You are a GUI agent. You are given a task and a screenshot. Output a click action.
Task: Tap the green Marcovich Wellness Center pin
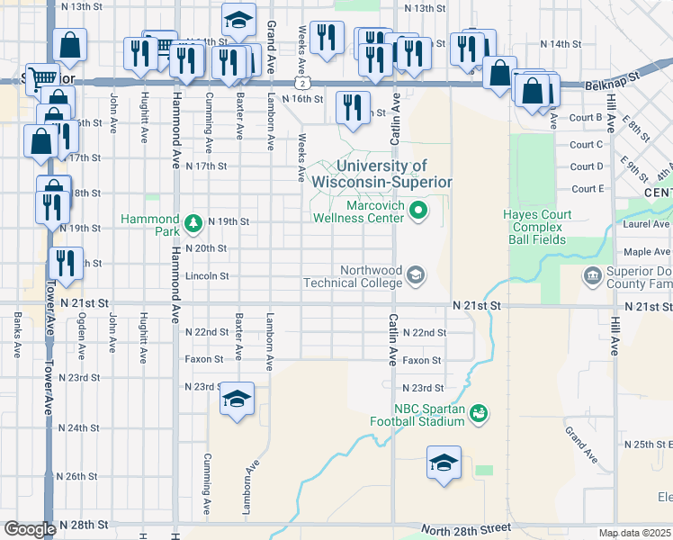pos(417,212)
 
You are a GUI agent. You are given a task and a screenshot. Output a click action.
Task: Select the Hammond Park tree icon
pos(192,222)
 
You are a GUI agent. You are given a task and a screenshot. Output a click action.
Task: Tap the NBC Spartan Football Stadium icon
pos(480,412)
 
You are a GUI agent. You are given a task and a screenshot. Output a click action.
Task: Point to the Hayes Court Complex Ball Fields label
pos(545,228)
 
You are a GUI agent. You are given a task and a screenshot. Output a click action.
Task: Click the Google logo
pos(29,529)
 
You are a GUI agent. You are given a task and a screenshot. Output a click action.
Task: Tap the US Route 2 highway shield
pos(307,82)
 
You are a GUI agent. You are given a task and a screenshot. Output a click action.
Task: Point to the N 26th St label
pos(83,476)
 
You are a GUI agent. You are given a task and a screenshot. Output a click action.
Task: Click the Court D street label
pos(588,166)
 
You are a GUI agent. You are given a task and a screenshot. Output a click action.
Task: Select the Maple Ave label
pos(648,252)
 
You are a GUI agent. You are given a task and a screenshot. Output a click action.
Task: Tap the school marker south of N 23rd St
pos(236,399)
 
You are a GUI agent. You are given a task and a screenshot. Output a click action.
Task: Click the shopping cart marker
pos(41,77)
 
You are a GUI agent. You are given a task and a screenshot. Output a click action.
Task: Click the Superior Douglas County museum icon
pos(593,275)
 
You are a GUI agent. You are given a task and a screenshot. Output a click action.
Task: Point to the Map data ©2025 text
pos(634,533)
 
